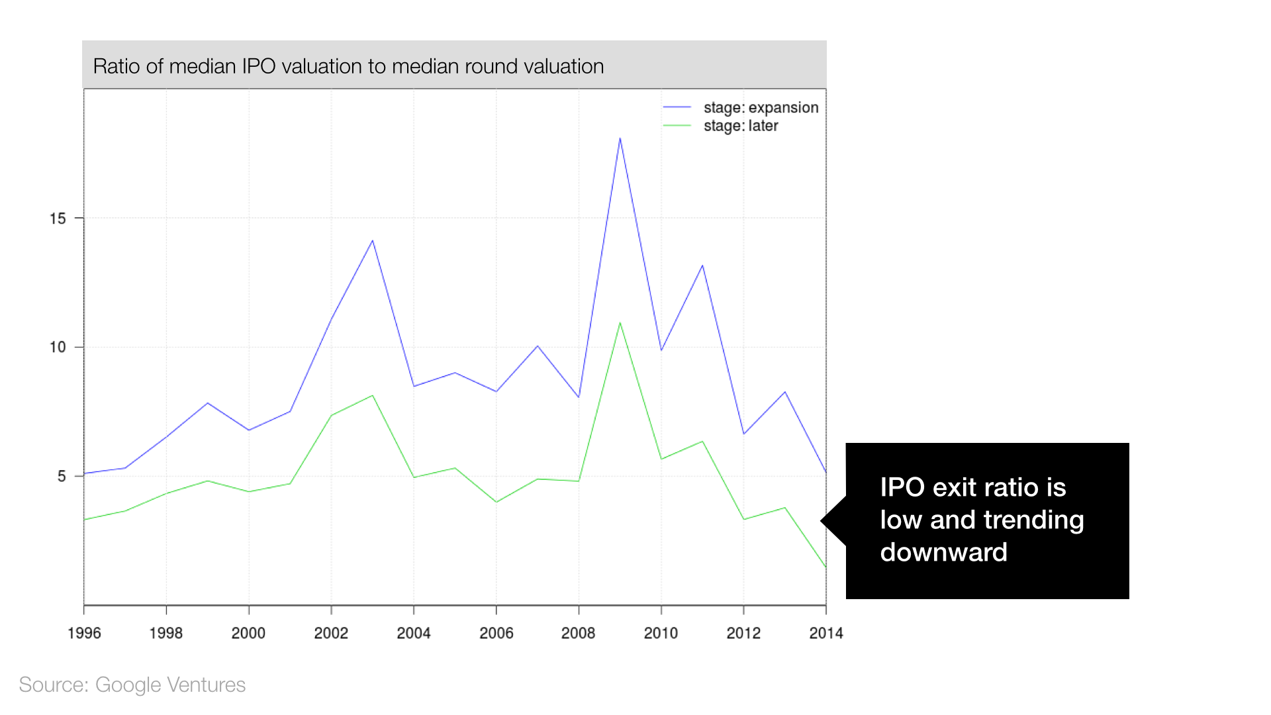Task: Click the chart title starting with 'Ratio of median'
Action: pyautogui.click(x=348, y=66)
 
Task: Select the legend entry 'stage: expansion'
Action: pyautogui.click(x=760, y=107)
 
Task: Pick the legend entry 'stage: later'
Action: pyautogui.click(x=740, y=126)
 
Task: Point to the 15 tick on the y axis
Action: pyautogui.click(x=58, y=218)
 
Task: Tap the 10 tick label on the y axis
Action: pyautogui.click(x=58, y=347)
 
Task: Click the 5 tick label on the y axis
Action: pyautogui.click(x=62, y=476)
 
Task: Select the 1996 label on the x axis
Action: pyautogui.click(x=84, y=633)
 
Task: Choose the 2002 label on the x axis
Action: pyautogui.click(x=331, y=633)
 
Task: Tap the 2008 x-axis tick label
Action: pyautogui.click(x=579, y=633)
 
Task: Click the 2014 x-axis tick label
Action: pyautogui.click(x=825, y=633)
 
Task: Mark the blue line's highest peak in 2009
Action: pyautogui.click(x=620, y=138)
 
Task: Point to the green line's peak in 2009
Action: pyautogui.click(x=620, y=323)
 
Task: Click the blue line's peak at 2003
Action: pyautogui.click(x=373, y=240)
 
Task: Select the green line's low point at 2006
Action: pyautogui.click(x=496, y=502)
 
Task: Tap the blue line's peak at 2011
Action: pyautogui.click(x=702, y=265)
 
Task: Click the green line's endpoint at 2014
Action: pyautogui.click(x=825, y=567)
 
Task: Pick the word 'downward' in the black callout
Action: pyautogui.click(x=943, y=552)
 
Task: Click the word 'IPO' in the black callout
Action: pyautogui.click(x=902, y=487)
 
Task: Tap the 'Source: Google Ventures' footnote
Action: pyautogui.click(x=132, y=685)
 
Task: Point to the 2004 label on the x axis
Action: pyautogui.click(x=414, y=633)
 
